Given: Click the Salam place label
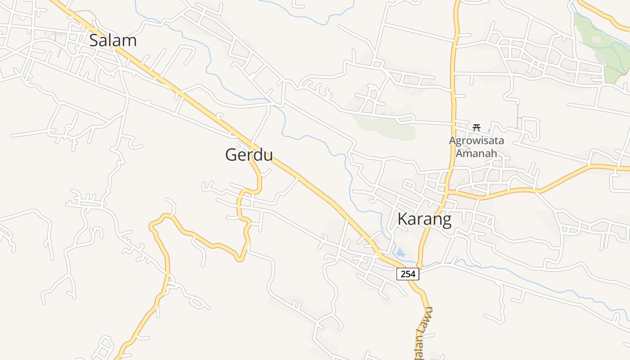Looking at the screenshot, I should pyautogui.click(x=112, y=40).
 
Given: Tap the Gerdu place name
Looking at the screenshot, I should pyautogui.click(x=249, y=155).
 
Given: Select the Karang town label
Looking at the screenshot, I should pyautogui.click(x=424, y=219).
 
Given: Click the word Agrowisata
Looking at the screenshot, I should pyautogui.click(x=476, y=141).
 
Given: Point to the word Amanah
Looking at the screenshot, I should pyautogui.click(x=477, y=153).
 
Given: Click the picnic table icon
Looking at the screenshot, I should pyautogui.click(x=477, y=128).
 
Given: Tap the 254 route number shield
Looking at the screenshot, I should pyautogui.click(x=408, y=274).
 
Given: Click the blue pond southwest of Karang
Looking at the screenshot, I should pyautogui.click(x=400, y=252).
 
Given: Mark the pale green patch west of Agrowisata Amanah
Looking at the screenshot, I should pyautogui.click(x=387, y=126).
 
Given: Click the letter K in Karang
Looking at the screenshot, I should pyautogui.click(x=403, y=219).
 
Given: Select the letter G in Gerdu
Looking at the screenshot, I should pyautogui.click(x=232, y=155).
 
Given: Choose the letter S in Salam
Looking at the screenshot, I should pyautogui.click(x=94, y=40).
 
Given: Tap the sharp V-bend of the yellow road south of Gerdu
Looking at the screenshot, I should pyautogui.click(x=241, y=259).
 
